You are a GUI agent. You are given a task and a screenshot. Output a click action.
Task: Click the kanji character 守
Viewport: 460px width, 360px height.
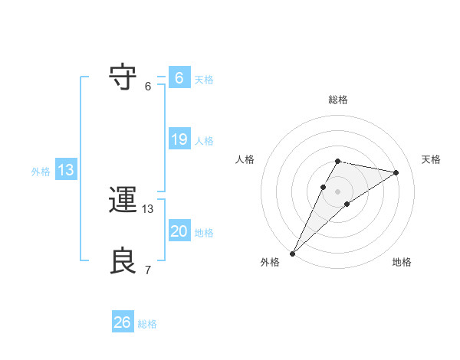pos(123,77)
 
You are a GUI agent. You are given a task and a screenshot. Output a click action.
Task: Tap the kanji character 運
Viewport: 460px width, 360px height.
pos(123,201)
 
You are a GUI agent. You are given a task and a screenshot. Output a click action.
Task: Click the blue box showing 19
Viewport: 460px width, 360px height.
pos(179,139)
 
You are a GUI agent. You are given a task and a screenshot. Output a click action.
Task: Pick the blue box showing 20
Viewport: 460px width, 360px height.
pos(179,231)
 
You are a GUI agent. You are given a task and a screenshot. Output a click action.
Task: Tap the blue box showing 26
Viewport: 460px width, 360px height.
pos(123,322)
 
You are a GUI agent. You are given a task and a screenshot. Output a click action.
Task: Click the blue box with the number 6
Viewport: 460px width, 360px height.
pos(179,78)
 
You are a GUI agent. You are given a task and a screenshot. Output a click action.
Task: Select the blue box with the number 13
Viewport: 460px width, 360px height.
pos(65,170)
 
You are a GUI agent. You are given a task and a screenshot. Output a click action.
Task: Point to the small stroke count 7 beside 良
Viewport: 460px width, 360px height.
pos(147,270)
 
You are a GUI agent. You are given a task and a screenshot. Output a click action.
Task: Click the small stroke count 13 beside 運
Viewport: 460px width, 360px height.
pos(148,208)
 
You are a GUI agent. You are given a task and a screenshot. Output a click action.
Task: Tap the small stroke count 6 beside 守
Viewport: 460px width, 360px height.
pos(147,86)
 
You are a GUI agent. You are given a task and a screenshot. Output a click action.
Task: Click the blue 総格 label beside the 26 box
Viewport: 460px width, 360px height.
pos(147,324)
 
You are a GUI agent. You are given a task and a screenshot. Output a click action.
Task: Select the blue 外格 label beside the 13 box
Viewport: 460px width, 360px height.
pos(41,172)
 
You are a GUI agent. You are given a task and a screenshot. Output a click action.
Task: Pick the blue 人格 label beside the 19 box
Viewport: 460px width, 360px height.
pos(204,141)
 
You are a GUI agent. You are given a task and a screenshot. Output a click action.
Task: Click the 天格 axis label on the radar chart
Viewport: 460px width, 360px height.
pos(431,159)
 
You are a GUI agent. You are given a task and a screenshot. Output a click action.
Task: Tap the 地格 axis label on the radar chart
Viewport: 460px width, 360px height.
pos(402,262)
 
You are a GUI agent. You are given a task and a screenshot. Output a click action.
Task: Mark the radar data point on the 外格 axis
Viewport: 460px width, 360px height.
pos(292,254)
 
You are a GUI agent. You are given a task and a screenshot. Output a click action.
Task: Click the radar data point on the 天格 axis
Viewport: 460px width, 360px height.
pos(396,172)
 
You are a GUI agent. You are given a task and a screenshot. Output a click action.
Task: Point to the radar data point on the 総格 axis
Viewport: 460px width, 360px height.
pos(337,161)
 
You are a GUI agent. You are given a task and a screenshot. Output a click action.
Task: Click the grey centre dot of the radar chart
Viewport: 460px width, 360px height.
pos(337,191)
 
